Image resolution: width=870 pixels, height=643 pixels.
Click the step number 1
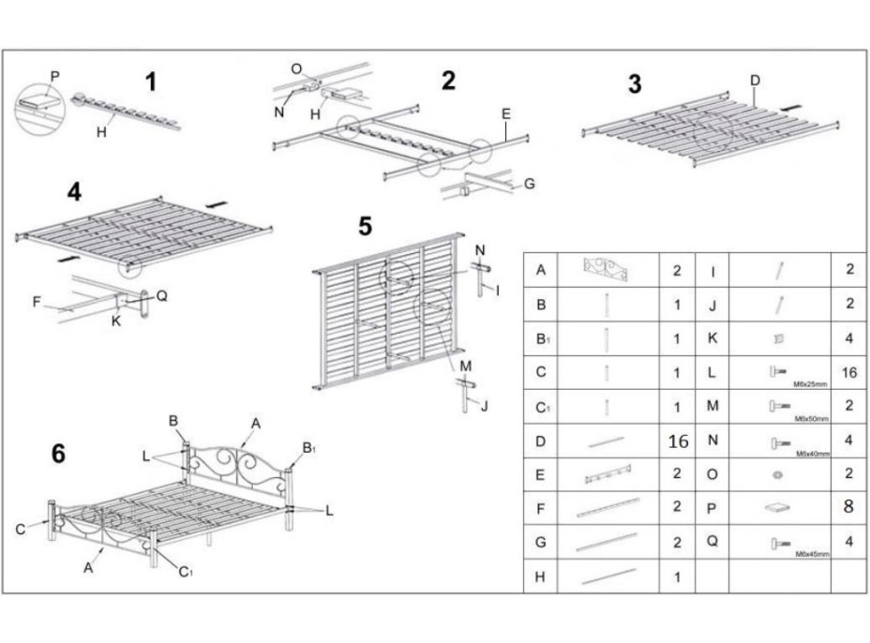[x=151, y=82]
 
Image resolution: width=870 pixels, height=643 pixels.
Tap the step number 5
[x=365, y=227]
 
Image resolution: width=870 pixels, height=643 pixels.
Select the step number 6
[x=58, y=454]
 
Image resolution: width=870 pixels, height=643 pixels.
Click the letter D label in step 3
[x=755, y=81]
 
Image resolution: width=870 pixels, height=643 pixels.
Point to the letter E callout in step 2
[x=505, y=114]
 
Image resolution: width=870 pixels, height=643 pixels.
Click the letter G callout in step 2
[x=530, y=185]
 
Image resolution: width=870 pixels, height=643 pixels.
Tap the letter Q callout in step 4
[x=161, y=294]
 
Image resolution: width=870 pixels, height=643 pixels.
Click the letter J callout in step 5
[x=485, y=405]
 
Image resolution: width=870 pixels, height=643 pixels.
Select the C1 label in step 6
[x=186, y=572]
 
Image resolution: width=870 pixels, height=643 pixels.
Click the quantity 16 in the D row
[x=677, y=441]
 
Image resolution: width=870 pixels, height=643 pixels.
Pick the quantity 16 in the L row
[x=849, y=372]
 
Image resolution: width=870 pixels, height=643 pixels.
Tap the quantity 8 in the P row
[x=849, y=508]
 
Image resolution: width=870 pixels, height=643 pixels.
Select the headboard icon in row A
[x=606, y=270]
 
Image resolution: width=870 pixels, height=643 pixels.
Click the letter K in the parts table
[x=712, y=337]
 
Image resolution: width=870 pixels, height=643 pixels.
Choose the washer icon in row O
[x=778, y=474]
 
